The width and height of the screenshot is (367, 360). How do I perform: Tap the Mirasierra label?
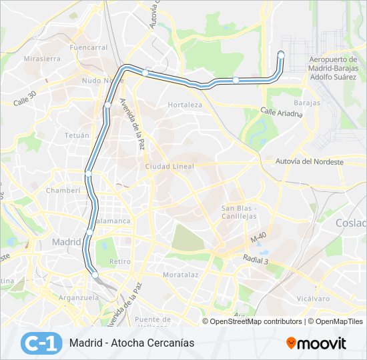tap(42, 59)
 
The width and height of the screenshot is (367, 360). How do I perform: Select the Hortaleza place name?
tap(185, 105)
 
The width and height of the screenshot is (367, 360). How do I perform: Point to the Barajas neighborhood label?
tap(307, 103)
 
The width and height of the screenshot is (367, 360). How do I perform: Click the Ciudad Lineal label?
tap(169, 166)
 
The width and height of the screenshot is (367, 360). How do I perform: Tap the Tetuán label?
tap(77, 135)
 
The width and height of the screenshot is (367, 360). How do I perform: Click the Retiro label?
tap(120, 261)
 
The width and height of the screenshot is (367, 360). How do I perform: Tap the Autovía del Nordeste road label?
tap(310, 161)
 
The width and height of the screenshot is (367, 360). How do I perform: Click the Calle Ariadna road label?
tap(282, 113)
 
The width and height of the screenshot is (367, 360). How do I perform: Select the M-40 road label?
tap(258, 238)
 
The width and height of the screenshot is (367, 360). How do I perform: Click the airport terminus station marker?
tap(281, 55)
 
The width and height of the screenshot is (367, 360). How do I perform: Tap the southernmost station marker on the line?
tap(95, 275)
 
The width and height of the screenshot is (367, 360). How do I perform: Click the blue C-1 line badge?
tap(41, 343)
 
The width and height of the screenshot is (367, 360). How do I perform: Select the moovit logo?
tap(316, 343)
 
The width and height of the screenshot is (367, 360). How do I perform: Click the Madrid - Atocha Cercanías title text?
tap(131, 343)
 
